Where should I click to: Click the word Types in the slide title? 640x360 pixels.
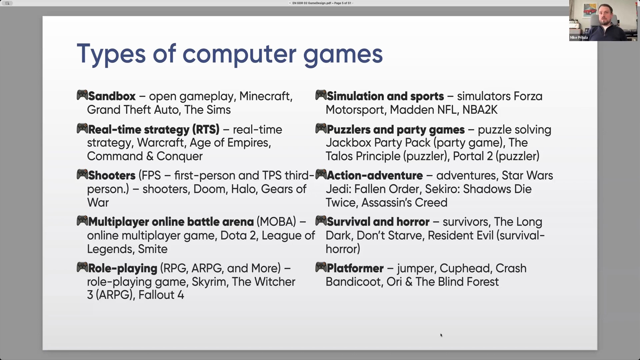(111, 54)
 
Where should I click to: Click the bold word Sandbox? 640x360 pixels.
(112, 96)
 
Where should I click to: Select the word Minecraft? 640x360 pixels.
(266, 96)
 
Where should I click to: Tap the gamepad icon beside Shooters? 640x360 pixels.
(82, 174)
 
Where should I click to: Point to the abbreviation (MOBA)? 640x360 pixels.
(276, 222)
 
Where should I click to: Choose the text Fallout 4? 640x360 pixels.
(161, 295)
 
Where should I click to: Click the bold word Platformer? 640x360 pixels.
(355, 268)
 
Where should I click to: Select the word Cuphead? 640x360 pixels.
(466, 268)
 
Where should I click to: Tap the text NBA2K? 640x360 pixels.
(480, 110)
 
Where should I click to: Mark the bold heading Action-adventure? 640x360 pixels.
(375, 175)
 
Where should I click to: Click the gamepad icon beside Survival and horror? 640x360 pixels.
(321, 221)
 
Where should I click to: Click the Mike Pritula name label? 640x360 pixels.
(579, 37)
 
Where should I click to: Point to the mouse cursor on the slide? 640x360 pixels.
(441, 335)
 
